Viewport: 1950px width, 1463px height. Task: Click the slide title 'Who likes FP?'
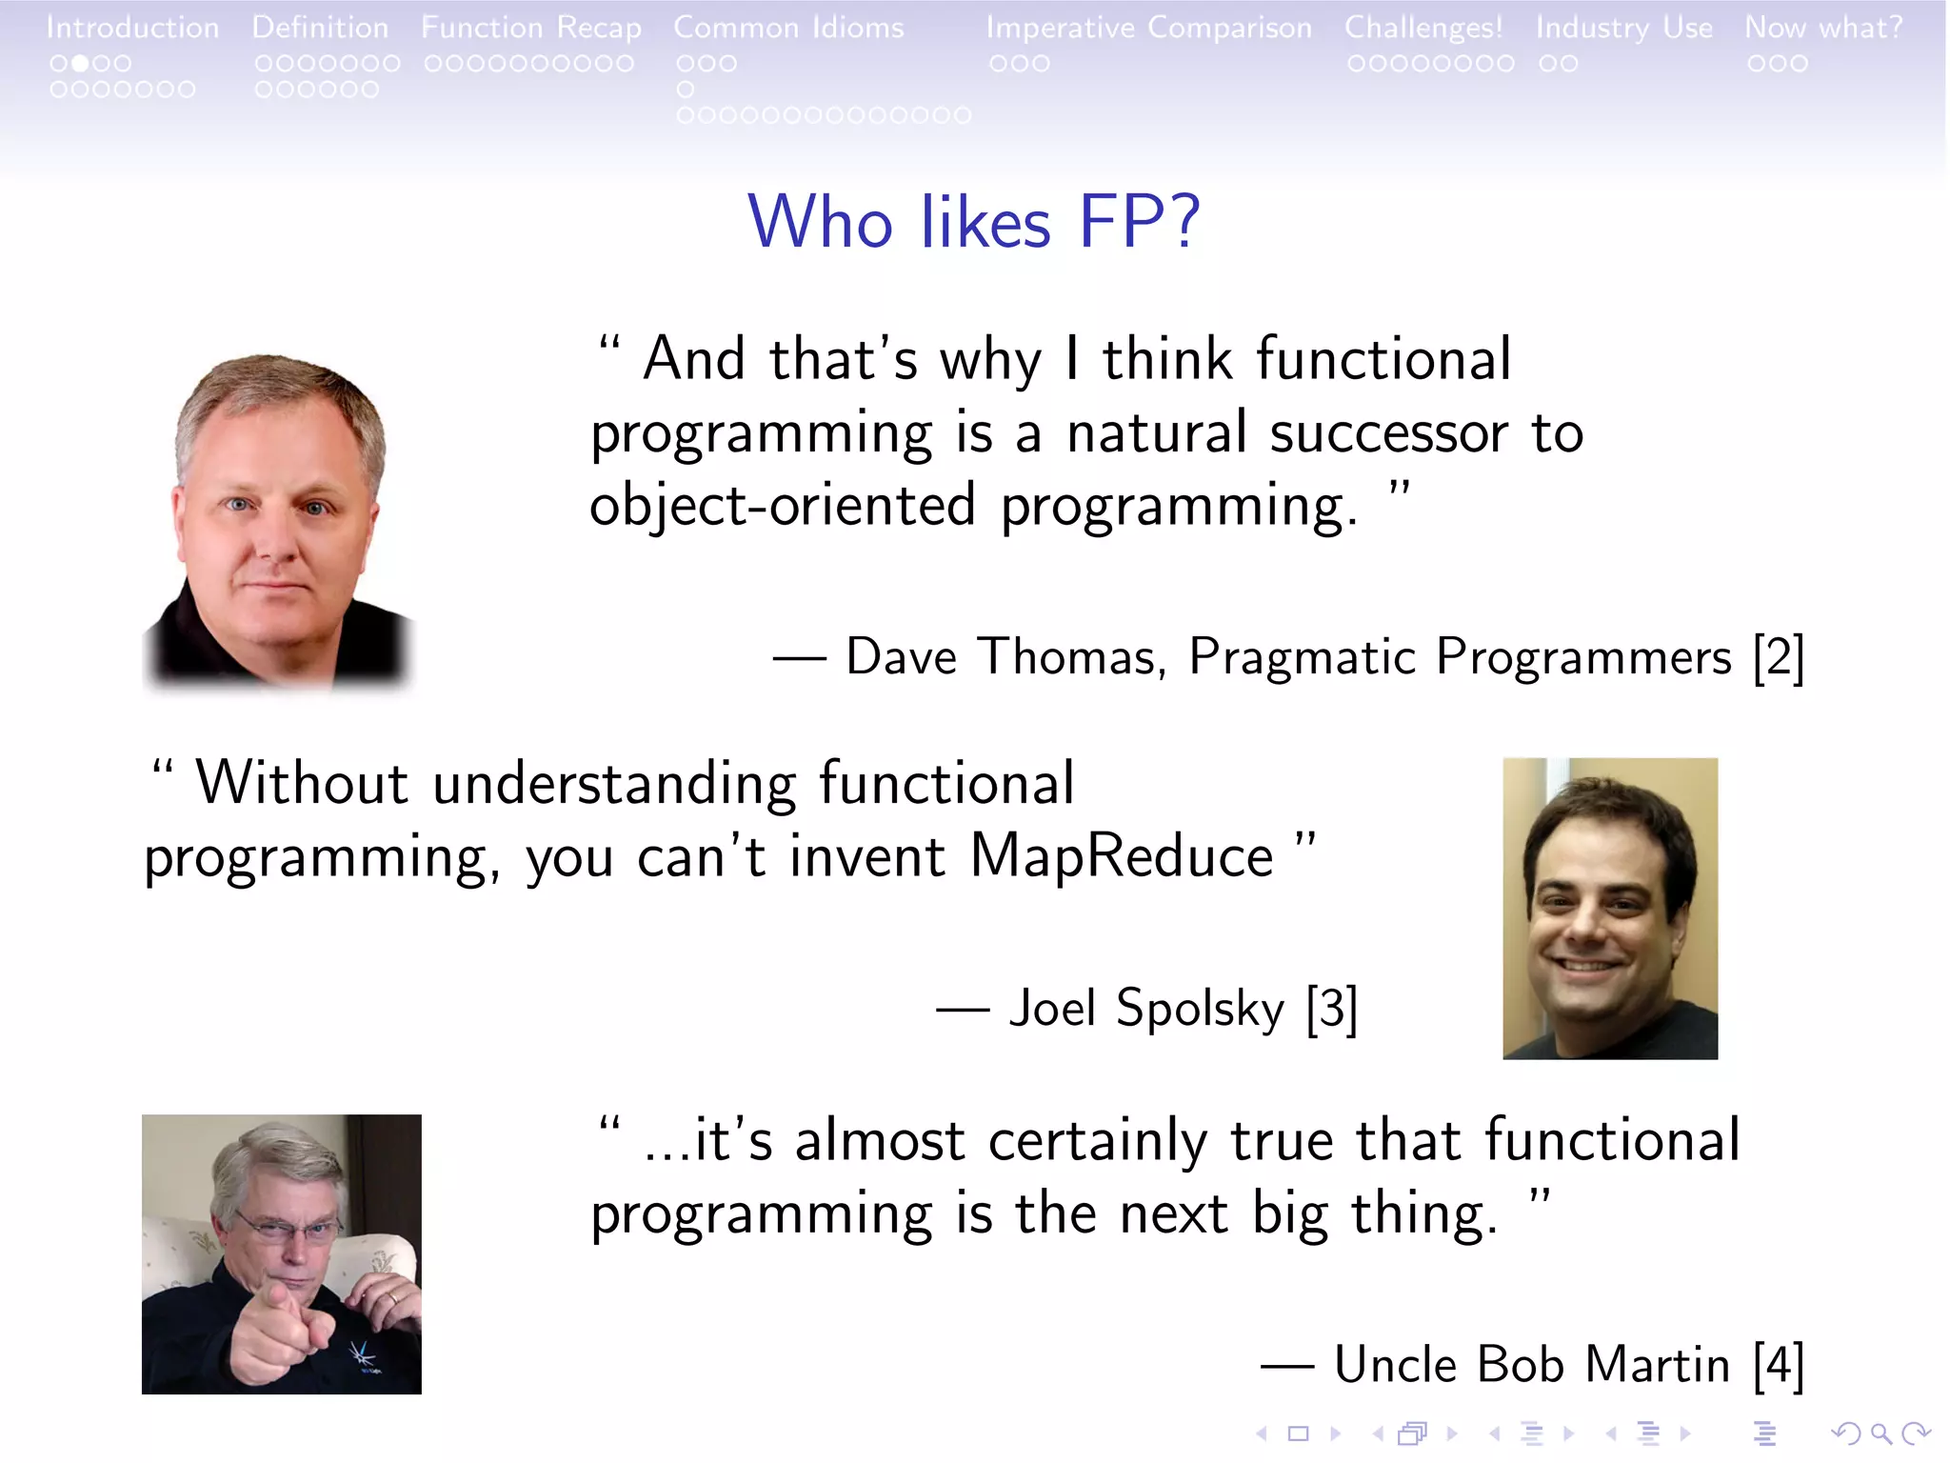click(973, 222)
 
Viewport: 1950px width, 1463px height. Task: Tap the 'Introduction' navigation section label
click(132, 28)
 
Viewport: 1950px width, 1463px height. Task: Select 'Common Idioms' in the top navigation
click(788, 28)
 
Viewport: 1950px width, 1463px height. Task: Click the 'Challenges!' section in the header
click(1423, 28)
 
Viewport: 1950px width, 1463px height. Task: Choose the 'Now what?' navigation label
click(1823, 28)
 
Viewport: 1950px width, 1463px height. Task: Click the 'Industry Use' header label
click(1623, 28)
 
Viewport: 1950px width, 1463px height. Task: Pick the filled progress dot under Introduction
click(81, 64)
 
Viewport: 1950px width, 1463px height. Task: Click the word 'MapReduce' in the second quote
click(1121, 855)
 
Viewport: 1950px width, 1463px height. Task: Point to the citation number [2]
click(1778, 657)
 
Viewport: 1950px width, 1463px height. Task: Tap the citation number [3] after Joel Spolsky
click(1331, 1009)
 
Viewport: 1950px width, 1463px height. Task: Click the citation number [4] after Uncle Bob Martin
click(1778, 1365)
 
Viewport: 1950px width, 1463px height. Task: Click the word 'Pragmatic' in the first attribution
click(1303, 657)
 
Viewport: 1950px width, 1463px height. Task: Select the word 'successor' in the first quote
click(1388, 433)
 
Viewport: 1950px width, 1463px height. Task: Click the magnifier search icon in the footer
click(1880, 1433)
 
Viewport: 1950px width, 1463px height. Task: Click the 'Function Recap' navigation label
click(530, 28)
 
